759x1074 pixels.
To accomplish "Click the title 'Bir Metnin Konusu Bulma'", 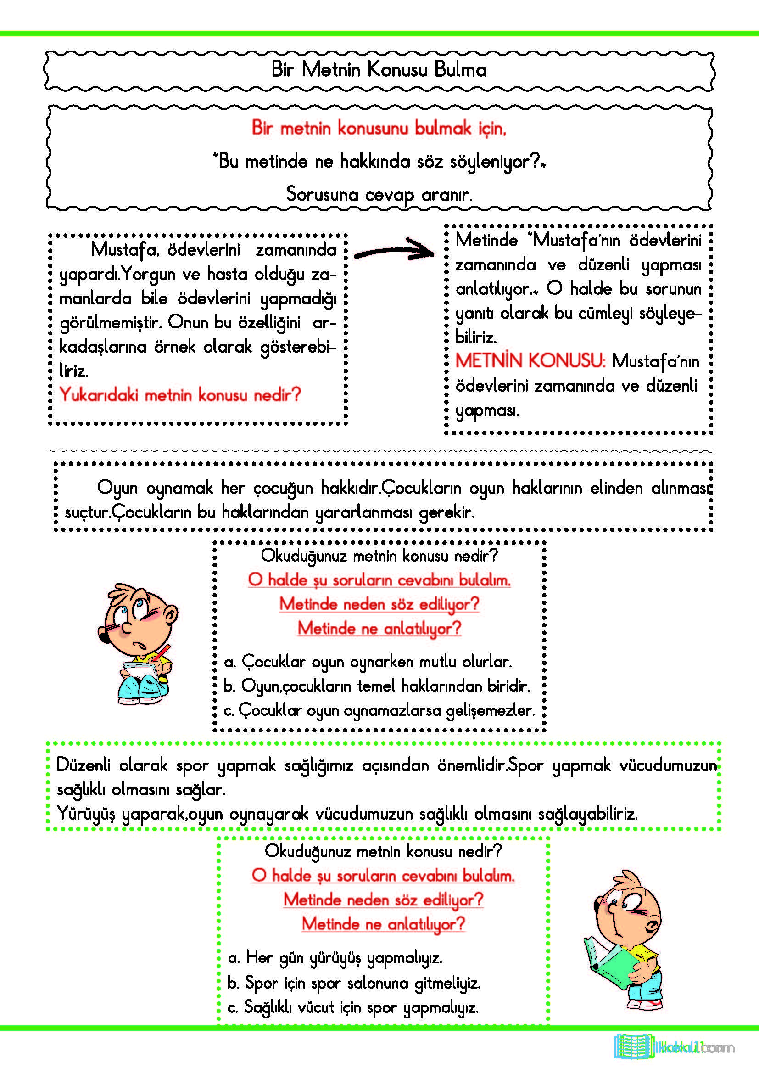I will pos(379,70).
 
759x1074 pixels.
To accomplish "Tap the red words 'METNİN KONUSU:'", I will pos(530,360).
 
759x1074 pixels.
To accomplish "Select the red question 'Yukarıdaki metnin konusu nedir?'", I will pos(180,395).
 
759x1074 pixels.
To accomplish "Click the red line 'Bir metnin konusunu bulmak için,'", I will pos(379,128).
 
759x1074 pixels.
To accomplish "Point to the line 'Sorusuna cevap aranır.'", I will pos(379,194).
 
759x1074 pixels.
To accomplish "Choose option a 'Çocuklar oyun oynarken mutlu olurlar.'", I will pos(368,662).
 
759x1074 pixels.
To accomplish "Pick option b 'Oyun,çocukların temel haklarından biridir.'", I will pos(377,686).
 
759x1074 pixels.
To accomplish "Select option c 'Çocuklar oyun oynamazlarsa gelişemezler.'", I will pos(379,710).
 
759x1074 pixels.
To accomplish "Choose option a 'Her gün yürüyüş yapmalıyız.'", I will pos(335,957).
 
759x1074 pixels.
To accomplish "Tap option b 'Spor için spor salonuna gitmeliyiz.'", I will pos(354,983).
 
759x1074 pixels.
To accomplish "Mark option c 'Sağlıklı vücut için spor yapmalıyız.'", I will pos(353,1007).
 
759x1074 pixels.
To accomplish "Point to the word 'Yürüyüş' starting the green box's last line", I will pos(85,814).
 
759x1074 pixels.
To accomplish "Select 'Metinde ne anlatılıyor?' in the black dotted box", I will pos(379,628).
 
